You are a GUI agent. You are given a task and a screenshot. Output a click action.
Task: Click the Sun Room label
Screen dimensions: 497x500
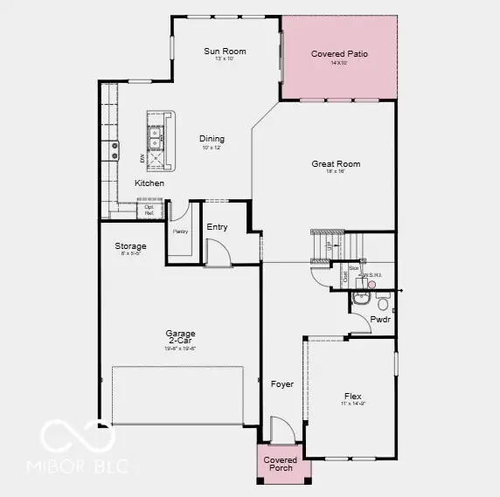pos(225,52)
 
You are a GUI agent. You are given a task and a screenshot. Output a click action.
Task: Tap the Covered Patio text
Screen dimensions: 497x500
pos(339,54)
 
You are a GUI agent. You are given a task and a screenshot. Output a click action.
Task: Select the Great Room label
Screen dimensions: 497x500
pos(336,164)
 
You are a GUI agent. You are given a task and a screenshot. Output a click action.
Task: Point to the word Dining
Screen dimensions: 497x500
pos(212,139)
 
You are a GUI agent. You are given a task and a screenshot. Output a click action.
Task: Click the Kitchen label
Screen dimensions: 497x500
pos(149,183)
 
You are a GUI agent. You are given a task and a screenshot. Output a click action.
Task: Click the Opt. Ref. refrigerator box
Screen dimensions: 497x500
pos(149,211)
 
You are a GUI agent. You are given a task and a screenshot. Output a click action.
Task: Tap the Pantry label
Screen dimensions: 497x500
pos(181,231)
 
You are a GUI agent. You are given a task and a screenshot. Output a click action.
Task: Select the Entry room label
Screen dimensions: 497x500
pos(217,227)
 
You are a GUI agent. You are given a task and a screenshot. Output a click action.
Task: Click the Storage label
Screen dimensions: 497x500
pos(130,246)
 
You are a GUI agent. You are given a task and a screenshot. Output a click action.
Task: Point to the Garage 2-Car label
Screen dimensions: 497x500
pos(181,337)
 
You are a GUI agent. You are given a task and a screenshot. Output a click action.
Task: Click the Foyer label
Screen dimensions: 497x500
pos(281,384)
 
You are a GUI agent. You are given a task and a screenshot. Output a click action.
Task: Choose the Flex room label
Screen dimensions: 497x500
pos(352,395)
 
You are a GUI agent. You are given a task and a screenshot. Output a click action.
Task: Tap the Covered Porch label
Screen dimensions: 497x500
pos(281,464)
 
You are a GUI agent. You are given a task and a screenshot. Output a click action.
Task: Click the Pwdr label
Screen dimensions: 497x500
pos(380,320)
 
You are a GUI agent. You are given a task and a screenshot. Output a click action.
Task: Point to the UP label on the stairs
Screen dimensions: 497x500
pos(329,248)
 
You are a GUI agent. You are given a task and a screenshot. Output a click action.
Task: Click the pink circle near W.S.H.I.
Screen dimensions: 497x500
pos(372,283)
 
